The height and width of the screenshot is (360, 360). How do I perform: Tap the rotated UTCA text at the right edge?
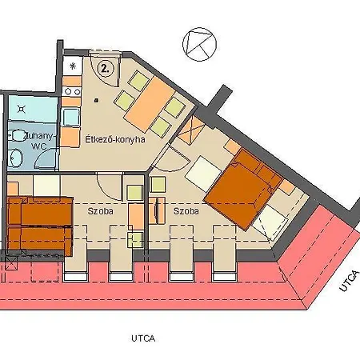pyautogui.click(x=345, y=280)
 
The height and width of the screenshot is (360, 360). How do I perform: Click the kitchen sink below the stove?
pyautogui.click(x=71, y=118)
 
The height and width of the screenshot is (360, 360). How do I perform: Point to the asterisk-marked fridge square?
pyautogui.click(x=73, y=66)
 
